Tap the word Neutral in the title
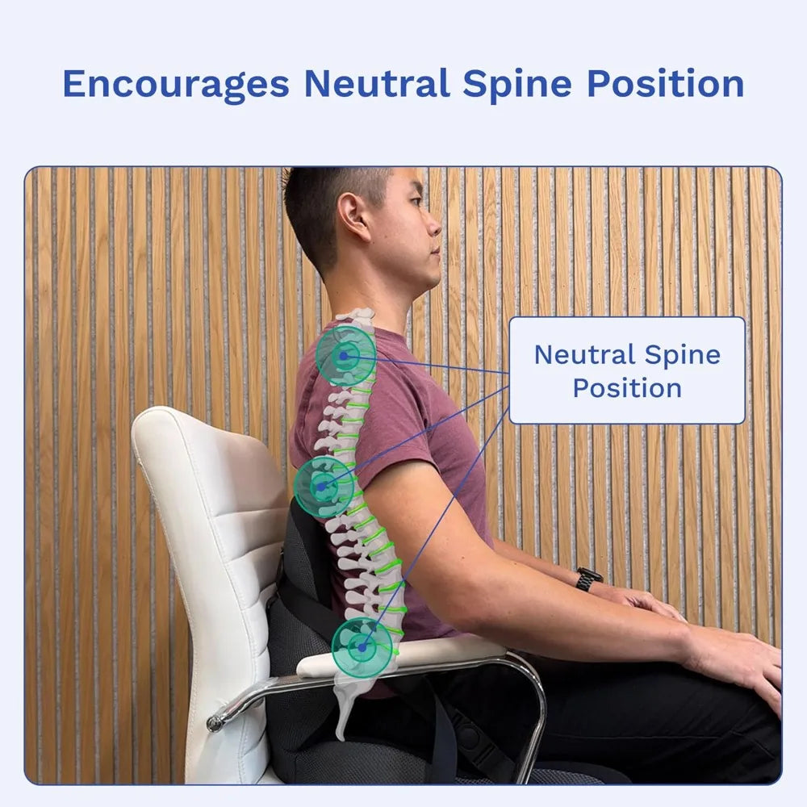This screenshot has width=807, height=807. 376,83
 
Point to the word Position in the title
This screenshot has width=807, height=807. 665,83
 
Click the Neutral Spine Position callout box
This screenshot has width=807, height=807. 627,370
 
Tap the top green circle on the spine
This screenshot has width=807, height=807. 345,354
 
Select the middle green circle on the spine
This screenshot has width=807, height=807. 324,487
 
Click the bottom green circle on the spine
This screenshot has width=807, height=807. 362,646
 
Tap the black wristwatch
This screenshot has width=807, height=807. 588,578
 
